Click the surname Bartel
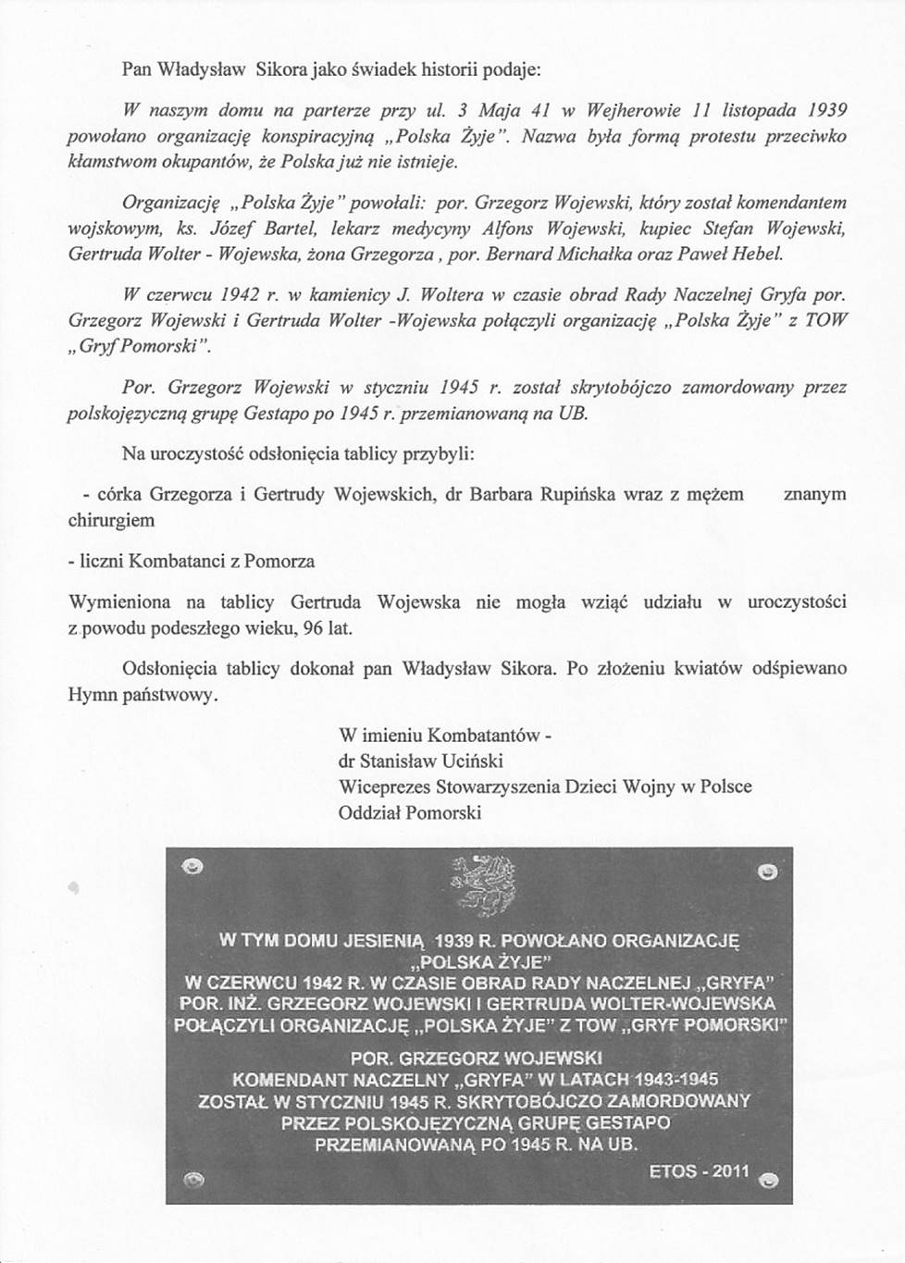tap(291, 228)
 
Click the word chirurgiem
tap(111, 520)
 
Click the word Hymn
tap(91, 694)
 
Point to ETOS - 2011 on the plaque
tap(699, 1170)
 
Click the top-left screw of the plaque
tap(193, 867)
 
